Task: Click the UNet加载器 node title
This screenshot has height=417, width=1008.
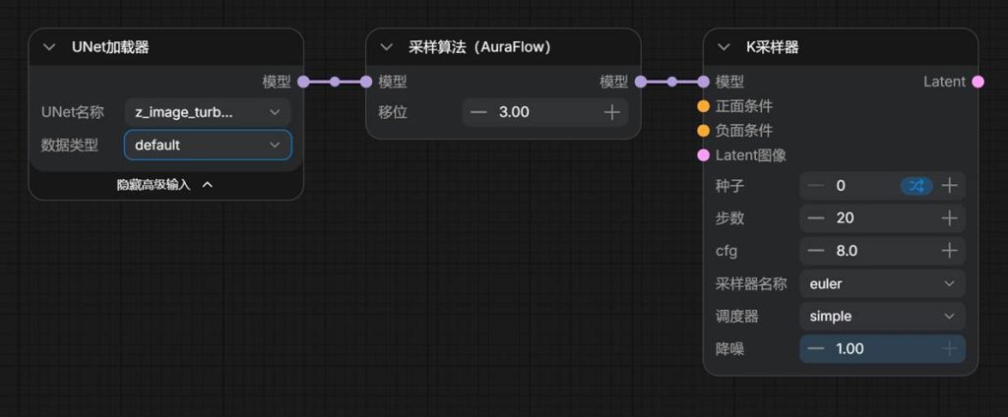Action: (x=110, y=47)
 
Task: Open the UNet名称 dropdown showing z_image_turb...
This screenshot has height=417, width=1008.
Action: (x=208, y=112)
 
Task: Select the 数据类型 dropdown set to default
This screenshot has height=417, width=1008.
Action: (x=208, y=146)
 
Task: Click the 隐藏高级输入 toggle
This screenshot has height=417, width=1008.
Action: (x=164, y=185)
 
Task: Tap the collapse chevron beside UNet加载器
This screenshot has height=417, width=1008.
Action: (x=49, y=47)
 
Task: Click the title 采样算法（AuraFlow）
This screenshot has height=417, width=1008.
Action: (x=479, y=47)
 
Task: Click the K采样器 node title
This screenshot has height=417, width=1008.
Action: (x=772, y=47)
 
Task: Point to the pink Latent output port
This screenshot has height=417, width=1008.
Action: (x=977, y=82)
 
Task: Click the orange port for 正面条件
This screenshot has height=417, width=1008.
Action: (x=703, y=106)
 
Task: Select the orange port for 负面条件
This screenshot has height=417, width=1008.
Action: (x=703, y=131)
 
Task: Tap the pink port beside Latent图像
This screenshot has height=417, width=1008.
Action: (x=703, y=154)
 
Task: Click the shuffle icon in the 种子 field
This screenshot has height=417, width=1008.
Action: (x=916, y=186)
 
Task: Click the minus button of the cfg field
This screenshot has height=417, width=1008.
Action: (x=816, y=251)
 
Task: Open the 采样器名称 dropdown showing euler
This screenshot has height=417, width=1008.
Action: (x=883, y=283)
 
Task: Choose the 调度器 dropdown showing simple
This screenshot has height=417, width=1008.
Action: (x=883, y=316)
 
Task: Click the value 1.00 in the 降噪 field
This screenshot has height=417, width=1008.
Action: (x=850, y=349)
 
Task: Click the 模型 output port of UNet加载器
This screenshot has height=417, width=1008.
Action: (x=303, y=82)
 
